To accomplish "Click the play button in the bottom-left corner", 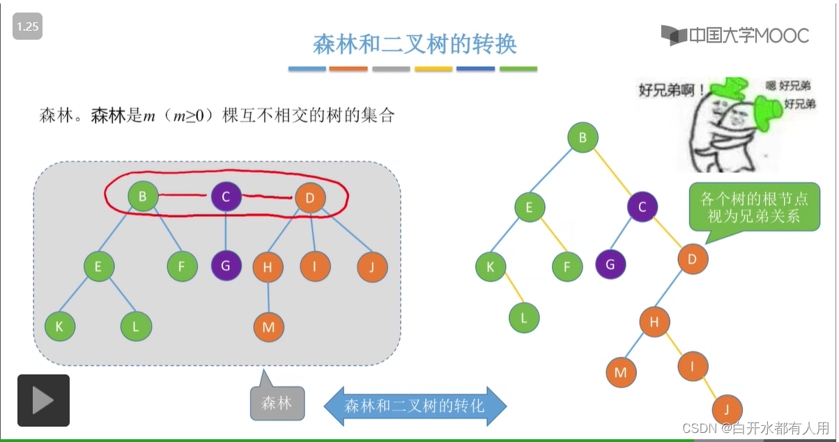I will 43,400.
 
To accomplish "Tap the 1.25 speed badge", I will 27,27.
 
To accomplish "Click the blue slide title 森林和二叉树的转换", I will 415,45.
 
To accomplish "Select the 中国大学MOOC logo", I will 735,35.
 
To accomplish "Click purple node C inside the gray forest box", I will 226,197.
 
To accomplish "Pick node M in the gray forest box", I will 268,327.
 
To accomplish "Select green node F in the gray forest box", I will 183,266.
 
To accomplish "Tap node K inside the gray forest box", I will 60,326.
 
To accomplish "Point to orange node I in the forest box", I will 315,266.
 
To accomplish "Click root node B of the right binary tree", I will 583,137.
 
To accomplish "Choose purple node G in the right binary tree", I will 610,264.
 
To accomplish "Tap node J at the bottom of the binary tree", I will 727,409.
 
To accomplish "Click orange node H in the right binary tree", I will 654,321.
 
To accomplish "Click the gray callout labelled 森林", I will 277,403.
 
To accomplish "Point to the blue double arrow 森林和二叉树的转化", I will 415,405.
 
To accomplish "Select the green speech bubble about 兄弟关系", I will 753,207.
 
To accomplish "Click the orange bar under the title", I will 348,69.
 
